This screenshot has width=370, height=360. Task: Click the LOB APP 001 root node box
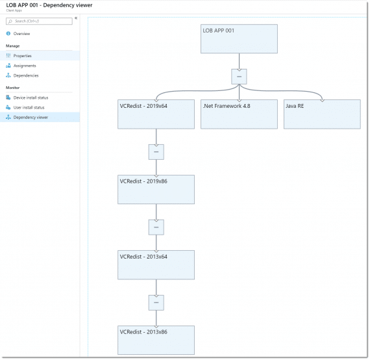click(239, 39)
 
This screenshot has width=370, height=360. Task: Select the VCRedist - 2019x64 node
click(156, 114)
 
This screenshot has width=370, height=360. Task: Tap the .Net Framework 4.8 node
click(239, 114)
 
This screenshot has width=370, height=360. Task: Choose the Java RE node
click(322, 114)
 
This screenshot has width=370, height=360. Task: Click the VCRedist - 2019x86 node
click(156, 189)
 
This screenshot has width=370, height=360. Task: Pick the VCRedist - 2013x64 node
click(156, 264)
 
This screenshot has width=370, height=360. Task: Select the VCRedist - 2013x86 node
click(156, 340)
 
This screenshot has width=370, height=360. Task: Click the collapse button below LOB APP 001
click(239, 77)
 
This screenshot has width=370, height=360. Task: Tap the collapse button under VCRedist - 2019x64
click(156, 152)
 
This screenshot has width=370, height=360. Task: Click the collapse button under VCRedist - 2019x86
click(156, 227)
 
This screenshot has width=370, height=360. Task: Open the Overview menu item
click(22, 33)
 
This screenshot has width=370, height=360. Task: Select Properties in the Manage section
click(23, 56)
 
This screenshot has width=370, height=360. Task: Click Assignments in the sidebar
click(25, 66)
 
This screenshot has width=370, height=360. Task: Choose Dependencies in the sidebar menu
click(27, 75)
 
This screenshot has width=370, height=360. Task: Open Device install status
click(31, 97)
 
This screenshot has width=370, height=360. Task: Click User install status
click(29, 107)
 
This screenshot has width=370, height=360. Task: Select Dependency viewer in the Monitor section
click(31, 117)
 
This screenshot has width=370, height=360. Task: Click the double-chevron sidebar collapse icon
click(76, 18)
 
